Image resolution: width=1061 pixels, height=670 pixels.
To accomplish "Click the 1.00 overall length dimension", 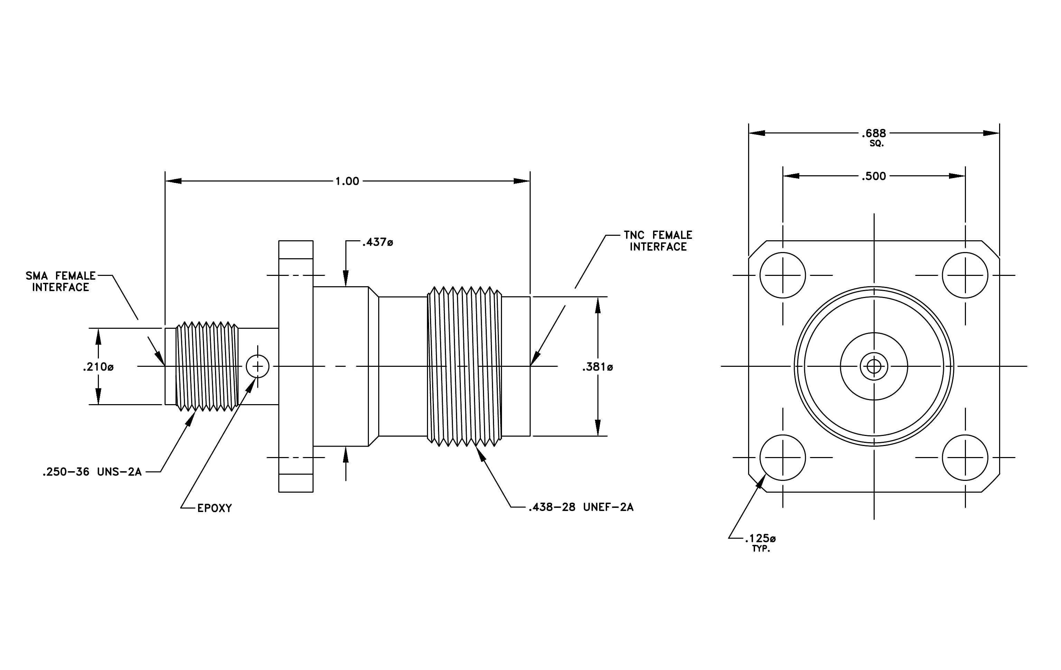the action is [x=347, y=181].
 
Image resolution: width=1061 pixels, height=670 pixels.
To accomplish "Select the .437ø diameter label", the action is [x=378, y=242].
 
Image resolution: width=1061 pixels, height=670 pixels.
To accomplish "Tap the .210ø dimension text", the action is [x=98, y=366].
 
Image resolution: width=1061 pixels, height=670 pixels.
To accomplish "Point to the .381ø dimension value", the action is [x=597, y=366].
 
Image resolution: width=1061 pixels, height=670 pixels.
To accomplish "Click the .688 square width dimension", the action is [x=874, y=133].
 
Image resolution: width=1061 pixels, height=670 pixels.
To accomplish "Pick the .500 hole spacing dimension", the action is [x=874, y=176].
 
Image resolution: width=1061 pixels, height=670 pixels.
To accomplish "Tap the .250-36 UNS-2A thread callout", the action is [x=92, y=472].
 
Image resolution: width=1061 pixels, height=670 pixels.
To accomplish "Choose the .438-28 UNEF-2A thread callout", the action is [x=581, y=507].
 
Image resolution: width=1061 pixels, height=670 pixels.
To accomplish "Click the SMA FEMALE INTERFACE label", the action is [x=61, y=281].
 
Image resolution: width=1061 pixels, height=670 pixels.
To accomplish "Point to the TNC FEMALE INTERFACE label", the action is [x=658, y=241].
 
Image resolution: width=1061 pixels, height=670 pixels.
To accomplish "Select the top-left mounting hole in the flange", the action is [x=783, y=275].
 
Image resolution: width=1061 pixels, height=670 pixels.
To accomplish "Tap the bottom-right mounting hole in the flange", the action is [x=965, y=458].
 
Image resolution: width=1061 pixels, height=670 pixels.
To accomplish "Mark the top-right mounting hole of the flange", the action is [x=965, y=275].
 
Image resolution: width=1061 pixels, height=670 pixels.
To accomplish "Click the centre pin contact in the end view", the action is [x=874, y=366].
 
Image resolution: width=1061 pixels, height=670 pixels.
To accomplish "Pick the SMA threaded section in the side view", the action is [x=207, y=366].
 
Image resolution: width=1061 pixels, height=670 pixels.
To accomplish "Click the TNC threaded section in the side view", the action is [x=464, y=366].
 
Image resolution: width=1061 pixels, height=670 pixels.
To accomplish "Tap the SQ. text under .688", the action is [x=876, y=143].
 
